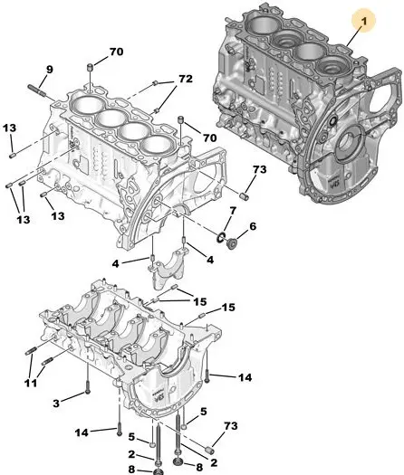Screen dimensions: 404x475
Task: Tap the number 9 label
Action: (x=50, y=70)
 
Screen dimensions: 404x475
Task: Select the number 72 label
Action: (x=186, y=79)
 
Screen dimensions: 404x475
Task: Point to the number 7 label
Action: (x=233, y=211)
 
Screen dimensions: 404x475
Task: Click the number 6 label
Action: (x=253, y=226)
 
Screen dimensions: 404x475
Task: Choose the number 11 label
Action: (x=30, y=383)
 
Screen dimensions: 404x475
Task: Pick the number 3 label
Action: (x=56, y=404)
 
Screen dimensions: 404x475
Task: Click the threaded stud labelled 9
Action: (x=37, y=90)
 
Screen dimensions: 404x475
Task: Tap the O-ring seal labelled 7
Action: (x=221, y=238)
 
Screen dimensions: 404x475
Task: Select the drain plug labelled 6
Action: (x=232, y=243)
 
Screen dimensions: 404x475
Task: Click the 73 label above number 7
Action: (x=259, y=169)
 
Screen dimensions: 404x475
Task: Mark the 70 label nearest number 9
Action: (x=117, y=52)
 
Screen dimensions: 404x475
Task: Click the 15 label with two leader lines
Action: (x=200, y=301)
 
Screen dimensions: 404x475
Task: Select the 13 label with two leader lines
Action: (x=24, y=219)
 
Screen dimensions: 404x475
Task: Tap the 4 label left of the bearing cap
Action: (x=115, y=263)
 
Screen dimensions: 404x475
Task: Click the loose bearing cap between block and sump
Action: (x=168, y=268)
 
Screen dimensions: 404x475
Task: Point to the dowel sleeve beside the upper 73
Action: (x=245, y=196)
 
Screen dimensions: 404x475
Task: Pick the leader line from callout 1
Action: (x=353, y=36)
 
